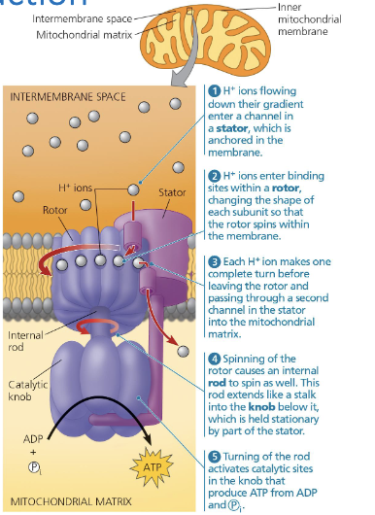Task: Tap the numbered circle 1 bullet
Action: [x=215, y=89]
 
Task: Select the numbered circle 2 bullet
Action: [x=215, y=175]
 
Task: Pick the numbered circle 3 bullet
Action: [x=215, y=262]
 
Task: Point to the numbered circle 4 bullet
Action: [x=215, y=358]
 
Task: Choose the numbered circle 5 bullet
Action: [x=215, y=456]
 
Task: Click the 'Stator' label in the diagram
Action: [x=171, y=192]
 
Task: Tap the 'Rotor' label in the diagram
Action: [x=54, y=209]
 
